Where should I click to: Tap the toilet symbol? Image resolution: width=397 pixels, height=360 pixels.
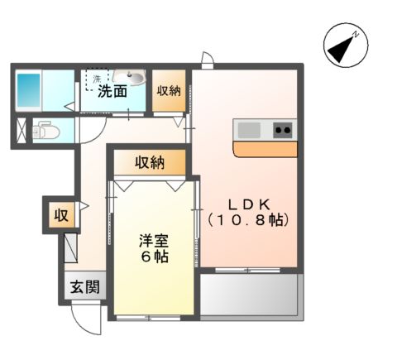click(x=41, y=130)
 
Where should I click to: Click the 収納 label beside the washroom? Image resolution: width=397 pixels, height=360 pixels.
click(x=169, y=91)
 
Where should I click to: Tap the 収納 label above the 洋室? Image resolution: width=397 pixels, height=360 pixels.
click(x=150, y=162)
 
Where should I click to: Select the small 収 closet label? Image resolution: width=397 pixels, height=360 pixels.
click(x=61, y=216)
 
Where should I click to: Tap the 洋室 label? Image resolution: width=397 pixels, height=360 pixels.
click(x=155, y=241)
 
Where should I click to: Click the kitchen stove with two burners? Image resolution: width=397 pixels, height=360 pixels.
click(x=282, y=129)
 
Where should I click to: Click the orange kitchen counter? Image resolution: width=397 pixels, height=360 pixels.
click(x=265, y=149)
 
